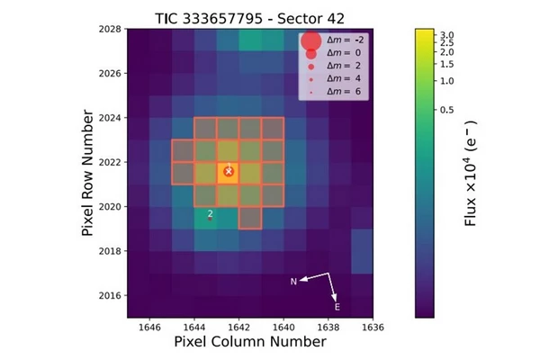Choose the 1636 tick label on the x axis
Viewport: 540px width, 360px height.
coord(372,327)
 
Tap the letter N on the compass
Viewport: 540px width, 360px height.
coord(293,282)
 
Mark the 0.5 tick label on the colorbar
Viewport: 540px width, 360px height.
coord(451,110)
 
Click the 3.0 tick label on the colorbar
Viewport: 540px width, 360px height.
coord(451,33)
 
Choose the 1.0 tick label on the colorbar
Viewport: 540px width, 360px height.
coord(451,81)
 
